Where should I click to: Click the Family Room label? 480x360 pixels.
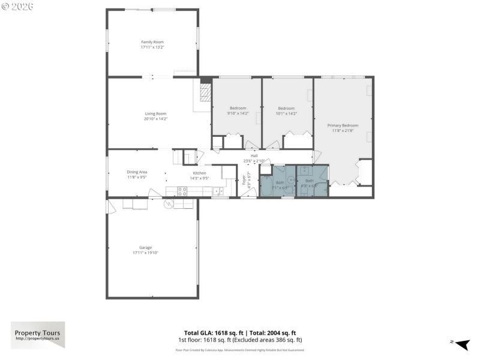152,42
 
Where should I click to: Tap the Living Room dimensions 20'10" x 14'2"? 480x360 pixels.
155,119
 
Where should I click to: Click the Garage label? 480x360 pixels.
145,247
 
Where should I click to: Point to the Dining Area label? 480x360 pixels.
137,172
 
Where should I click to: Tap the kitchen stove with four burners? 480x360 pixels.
181,191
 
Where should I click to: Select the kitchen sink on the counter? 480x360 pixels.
217,191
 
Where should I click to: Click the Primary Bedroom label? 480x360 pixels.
343,125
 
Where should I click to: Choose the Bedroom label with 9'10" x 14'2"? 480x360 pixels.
238,108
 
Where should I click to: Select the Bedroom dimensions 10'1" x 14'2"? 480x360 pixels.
286,113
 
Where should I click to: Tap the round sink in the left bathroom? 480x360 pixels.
290,179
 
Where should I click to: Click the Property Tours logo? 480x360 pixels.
38,335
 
